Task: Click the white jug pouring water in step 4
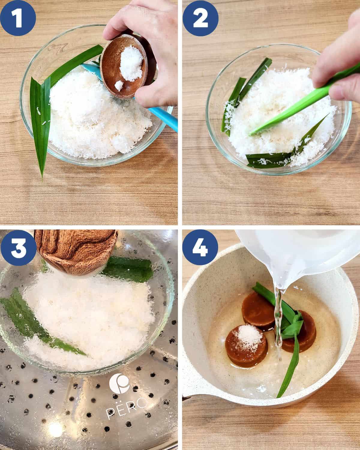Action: (300, 258)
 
